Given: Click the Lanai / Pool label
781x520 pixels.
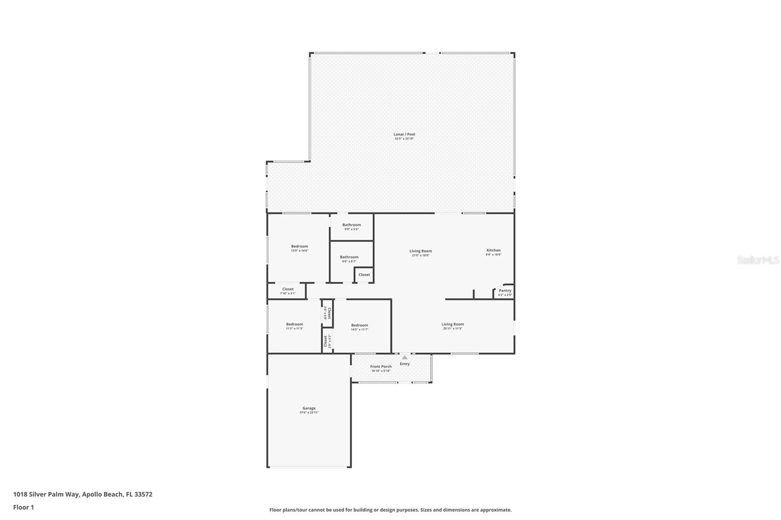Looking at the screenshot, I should point(404,134).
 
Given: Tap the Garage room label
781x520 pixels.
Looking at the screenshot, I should point(309,408).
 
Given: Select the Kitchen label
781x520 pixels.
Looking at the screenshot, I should point(493,250).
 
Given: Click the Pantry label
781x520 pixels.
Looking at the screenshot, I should point(505,291).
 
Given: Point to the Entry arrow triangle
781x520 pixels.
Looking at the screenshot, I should point(405,358).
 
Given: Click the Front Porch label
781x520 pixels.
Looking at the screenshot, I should point(381,366).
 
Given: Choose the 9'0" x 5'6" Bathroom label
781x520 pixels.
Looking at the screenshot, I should point(351,225).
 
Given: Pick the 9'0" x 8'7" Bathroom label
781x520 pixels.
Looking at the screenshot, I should point(349,257).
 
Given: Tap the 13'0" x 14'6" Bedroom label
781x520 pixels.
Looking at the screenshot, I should point(300,246).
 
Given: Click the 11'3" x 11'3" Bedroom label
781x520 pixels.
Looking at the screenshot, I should point(294,324).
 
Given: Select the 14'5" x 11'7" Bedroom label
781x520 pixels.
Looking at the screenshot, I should point(359,325).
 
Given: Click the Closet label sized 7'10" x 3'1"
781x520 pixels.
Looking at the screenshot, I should point(288,289).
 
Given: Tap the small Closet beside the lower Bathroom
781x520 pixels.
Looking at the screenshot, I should point(364,275).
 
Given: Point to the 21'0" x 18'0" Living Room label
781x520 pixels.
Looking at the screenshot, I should point(420,251).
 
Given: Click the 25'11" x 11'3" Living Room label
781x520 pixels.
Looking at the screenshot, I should point(452,324).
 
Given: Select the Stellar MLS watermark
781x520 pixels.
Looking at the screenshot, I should point(758,260).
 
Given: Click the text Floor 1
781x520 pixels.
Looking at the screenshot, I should point(23,507).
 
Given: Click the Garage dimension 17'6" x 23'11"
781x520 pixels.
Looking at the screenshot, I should point(309,413).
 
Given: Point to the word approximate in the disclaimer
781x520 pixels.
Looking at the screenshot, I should point(495,510).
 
